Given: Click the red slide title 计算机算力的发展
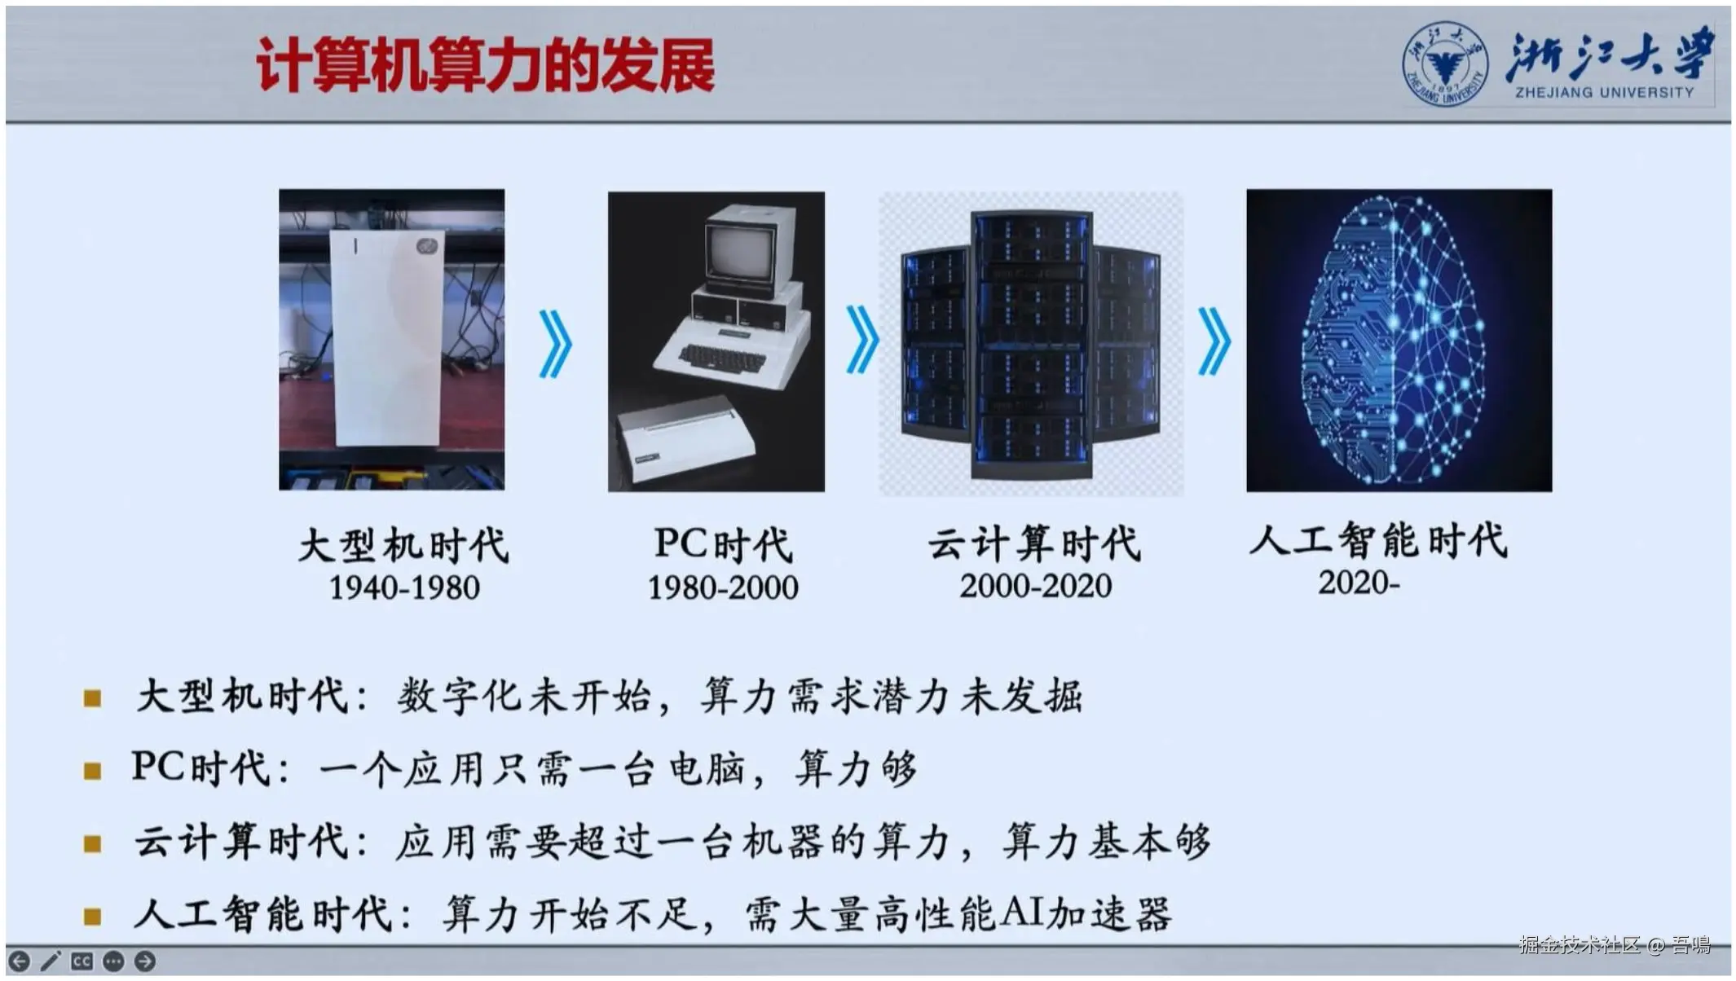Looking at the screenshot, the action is tap(486, 65).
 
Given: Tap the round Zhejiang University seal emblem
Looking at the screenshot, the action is tap(1444, 64).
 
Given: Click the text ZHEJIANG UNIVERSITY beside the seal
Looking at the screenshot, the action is tap(1604, 92).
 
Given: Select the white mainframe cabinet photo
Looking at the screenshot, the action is tap(391, 340).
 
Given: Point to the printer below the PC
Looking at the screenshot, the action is tap(686, 439).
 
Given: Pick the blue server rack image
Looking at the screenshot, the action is tap(1031, 343).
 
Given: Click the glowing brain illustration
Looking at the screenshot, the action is tap(1399, 340).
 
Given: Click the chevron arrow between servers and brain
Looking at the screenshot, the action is tap(1214, 341).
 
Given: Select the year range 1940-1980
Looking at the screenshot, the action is tap(404, 587).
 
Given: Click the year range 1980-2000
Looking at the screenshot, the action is tap(723, 587).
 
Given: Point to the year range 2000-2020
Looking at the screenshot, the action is tap(1035, 586).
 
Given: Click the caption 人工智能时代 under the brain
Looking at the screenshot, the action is tap(1378, 540).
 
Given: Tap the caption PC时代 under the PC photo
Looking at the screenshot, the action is tap(723, 544).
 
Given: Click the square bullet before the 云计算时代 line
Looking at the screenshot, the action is tap(93, 843).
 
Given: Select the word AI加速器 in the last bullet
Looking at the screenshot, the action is tap(1085, 913).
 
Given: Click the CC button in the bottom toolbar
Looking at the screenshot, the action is tap(82, 961).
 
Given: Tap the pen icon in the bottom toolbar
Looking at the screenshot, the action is tap(50, 961).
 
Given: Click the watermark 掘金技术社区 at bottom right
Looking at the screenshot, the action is tap(1580, 945).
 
